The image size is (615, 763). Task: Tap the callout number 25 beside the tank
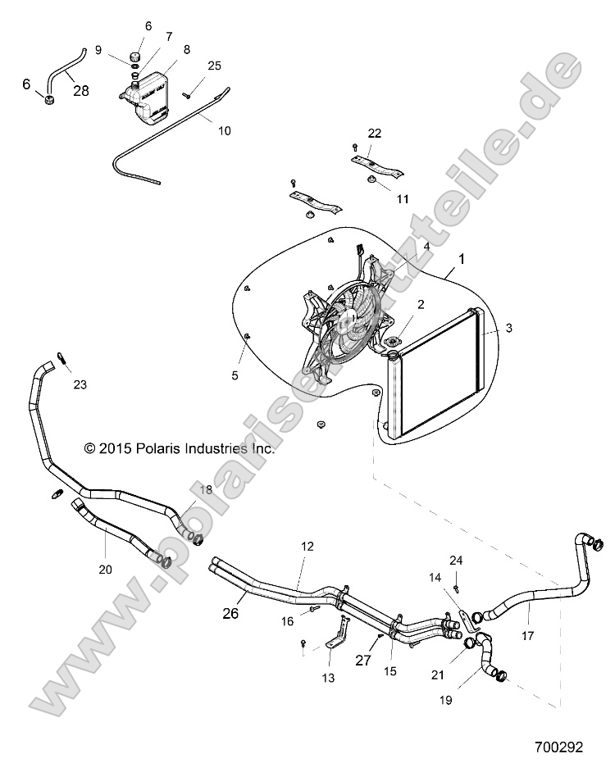click(214, 65)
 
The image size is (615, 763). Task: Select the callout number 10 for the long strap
click(224, 130)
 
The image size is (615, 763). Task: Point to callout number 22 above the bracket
click(374, 133)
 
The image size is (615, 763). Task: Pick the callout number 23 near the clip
click(79, 384)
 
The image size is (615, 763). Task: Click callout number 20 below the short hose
click(107, 568)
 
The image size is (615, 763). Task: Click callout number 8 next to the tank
click(187, 49)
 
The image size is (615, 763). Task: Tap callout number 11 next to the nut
click(379, 198)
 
